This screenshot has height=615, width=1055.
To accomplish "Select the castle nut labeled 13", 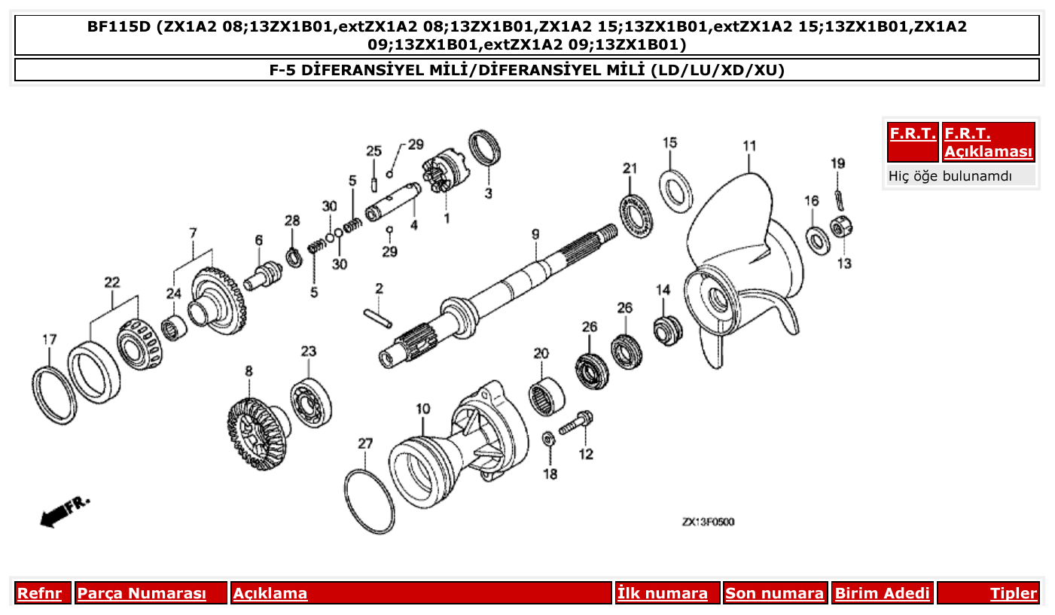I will coord(840,227).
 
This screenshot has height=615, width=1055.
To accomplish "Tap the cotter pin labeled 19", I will coord(839,197).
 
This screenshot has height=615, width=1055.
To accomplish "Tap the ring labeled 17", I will coord(56,394).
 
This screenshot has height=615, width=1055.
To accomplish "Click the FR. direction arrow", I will coord(63,512).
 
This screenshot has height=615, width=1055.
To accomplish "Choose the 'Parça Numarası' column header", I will coord(142,593).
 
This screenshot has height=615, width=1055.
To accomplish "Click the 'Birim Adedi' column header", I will coord(882,593).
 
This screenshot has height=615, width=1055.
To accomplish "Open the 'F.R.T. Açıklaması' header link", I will coord(988,142).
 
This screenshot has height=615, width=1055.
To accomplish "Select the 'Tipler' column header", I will coord(1013,593).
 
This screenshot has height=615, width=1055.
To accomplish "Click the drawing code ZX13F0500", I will coord(708,522).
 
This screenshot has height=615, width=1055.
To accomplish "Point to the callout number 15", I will coord(669,143).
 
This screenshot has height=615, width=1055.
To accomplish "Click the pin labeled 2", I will coord(378,316).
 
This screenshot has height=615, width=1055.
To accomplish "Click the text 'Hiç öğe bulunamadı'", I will coord(950,176).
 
